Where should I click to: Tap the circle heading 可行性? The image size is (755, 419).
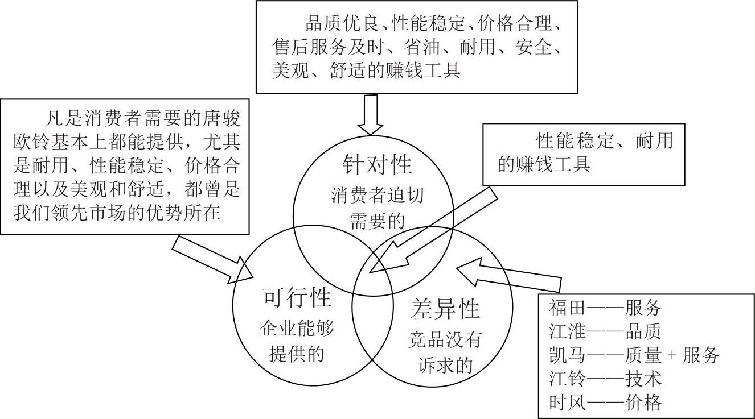click(x=297, y=297)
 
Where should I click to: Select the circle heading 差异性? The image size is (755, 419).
click(x=445, y=309)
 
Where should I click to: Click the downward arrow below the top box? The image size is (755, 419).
click(x=370, y=114)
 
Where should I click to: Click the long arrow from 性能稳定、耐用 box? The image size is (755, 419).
click(x=433, y=233)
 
